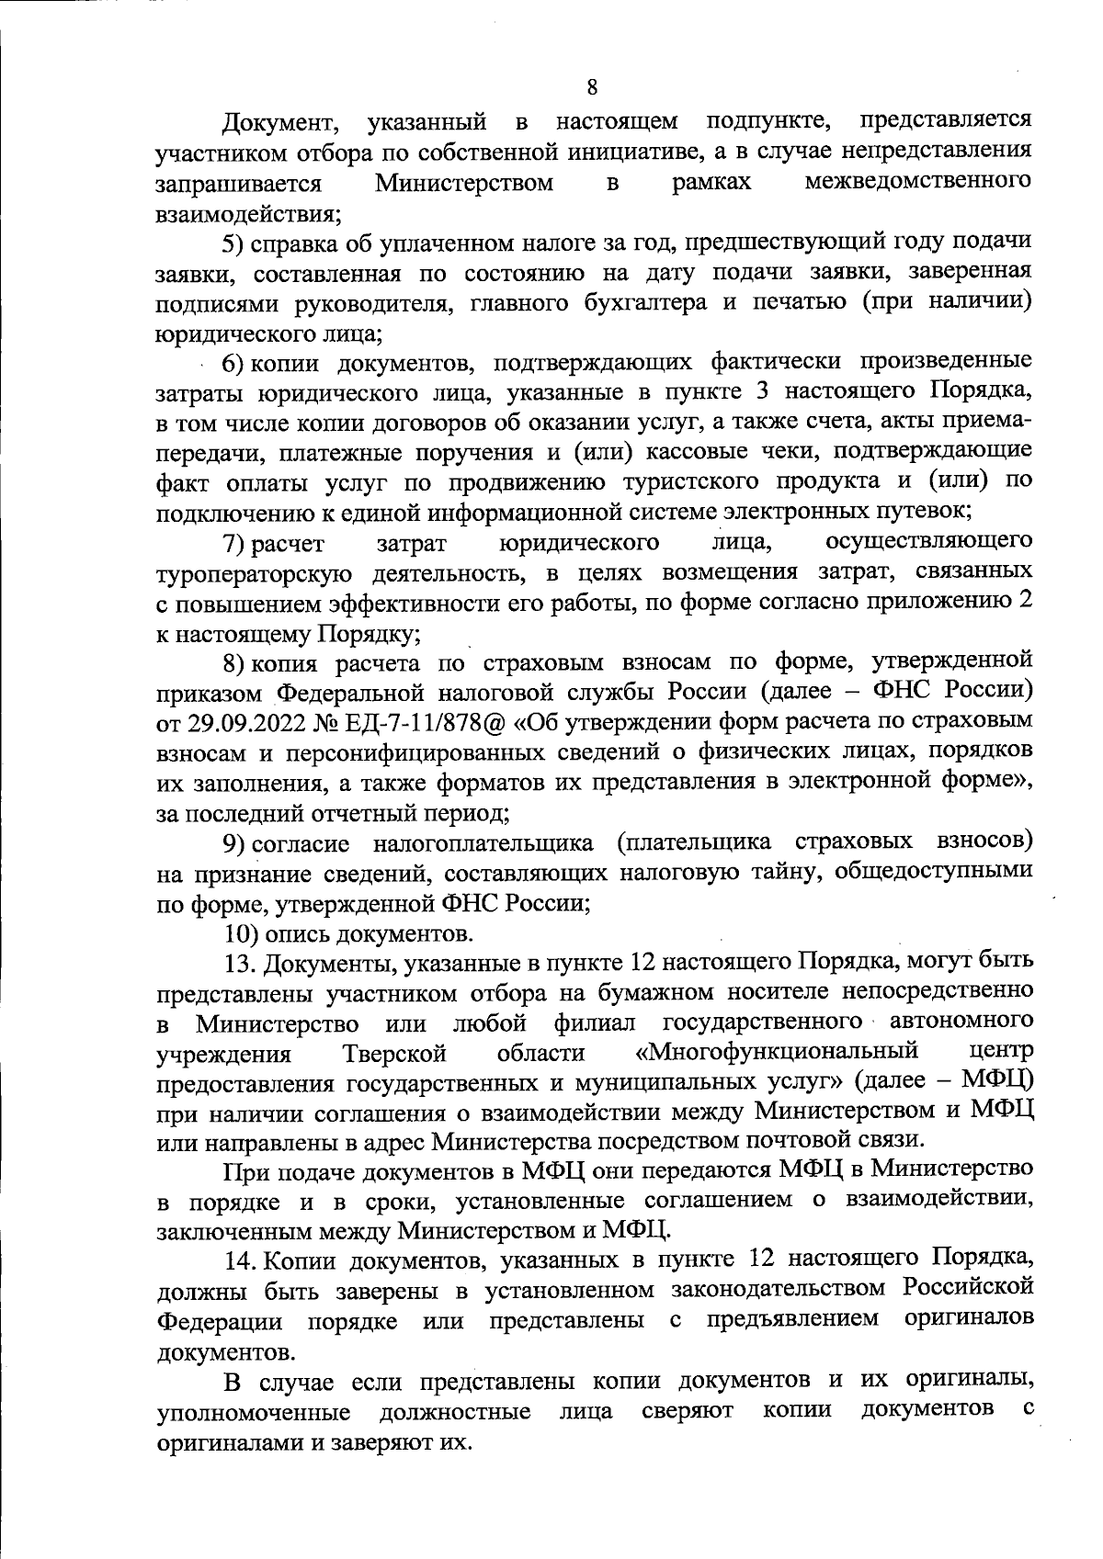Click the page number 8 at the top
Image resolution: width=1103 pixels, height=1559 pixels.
[591, 88]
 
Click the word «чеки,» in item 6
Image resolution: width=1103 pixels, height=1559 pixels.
[765, 451]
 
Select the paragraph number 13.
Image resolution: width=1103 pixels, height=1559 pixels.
[242, 962]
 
